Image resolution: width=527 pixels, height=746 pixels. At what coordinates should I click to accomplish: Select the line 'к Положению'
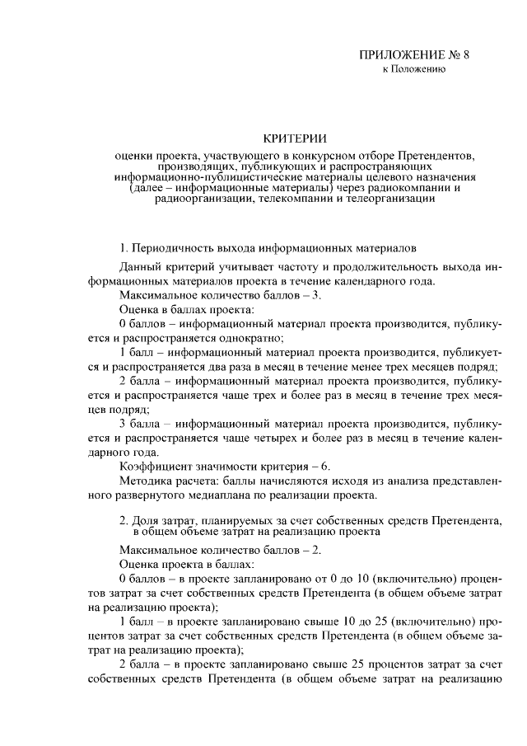click(x=414, y=70)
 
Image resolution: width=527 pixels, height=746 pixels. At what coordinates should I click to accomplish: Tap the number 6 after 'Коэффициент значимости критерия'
click(x=325, y=466)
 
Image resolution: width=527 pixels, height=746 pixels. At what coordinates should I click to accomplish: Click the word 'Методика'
click(x=146, y=481)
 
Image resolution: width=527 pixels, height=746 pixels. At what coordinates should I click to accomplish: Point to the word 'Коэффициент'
click(x=156, y=466)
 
